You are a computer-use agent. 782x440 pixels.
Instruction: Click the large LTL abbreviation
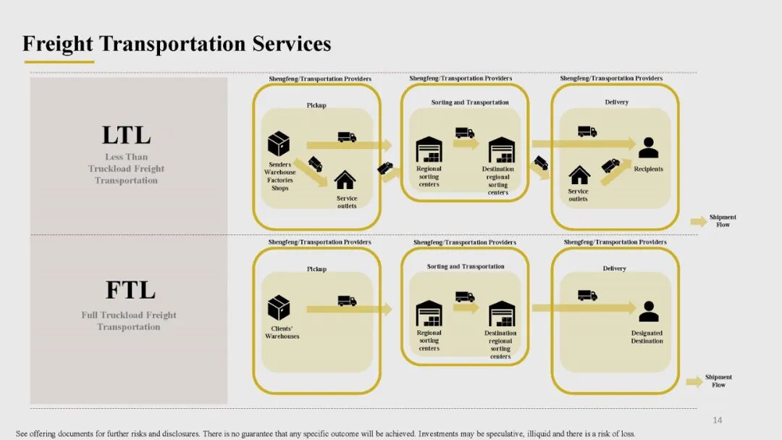[x=126, y=136]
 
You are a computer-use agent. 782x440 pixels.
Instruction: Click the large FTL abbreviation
[x=130, y=291]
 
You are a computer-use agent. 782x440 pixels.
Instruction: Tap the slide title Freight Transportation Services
[x=177, y=43]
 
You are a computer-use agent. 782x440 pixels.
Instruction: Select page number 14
[x=718, y=420]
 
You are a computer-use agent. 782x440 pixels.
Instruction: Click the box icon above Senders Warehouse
[x=279, y=144]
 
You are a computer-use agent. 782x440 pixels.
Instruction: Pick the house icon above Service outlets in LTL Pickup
[x=345, y=179]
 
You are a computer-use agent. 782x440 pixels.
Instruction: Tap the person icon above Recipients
[x=648, y=148]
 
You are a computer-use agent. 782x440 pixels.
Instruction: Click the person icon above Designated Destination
[x=649, y=312]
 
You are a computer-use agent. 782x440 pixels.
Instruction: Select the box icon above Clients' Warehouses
[x=279, y=307]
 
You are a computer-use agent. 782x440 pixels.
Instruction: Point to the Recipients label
[x=648, y=170]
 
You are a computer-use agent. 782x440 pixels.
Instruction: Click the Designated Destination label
[x=647, y=337]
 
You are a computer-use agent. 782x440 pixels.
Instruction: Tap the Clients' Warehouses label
[x=282, y=333]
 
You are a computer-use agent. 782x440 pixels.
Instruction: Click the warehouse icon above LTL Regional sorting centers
[x=429, y=150]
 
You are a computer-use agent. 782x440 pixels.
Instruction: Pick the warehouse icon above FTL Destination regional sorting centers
[x=502, y=314]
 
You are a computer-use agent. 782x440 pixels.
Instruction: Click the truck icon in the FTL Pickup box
[x=347, y=301]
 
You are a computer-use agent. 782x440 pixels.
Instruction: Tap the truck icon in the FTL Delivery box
[x=587, y=296]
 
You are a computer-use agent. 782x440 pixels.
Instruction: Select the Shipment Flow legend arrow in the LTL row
[x=698, y=221]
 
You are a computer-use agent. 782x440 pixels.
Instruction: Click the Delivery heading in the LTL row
[x=616, y=102]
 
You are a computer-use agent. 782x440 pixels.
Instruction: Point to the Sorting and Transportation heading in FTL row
[x=466, y=267]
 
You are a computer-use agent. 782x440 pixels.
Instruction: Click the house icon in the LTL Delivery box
[x=579, y=175]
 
